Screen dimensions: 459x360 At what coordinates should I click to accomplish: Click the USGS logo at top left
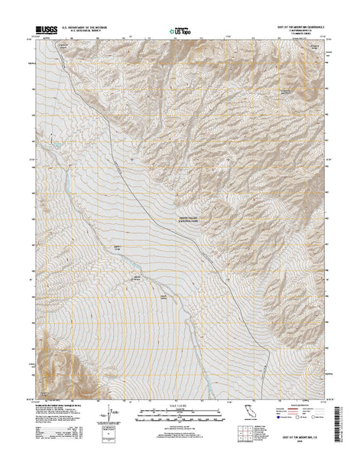pyautogui.click(x=44, y=31)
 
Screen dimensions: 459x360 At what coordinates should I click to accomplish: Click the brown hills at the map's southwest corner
pyautogui.click(x=50, y=360)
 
